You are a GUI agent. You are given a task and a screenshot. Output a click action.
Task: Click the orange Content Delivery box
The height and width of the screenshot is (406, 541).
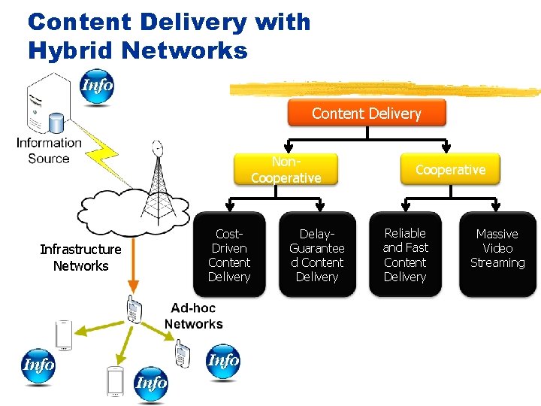[x=367, y=113]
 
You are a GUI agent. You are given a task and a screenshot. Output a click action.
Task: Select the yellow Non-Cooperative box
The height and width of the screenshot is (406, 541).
[x=286, y=169]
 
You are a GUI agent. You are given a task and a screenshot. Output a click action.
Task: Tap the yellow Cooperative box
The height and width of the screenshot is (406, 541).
[x=450, y=169]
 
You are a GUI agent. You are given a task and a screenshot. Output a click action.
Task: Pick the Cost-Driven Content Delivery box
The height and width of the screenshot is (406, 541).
[x=229, y=255]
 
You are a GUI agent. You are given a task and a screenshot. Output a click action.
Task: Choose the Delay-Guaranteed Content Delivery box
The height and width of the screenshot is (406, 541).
[x=317, y=255]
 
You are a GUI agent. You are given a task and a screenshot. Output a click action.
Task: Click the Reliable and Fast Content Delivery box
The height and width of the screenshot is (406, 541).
[x=405, y=255]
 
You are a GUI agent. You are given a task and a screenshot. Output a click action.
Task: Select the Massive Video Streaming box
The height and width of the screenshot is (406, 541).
[x=497, y=255]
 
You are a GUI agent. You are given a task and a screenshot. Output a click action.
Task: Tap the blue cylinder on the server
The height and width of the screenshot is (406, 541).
[x=56, y=123]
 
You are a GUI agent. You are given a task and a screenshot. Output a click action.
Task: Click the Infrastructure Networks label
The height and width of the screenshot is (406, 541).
[x=80, y=258]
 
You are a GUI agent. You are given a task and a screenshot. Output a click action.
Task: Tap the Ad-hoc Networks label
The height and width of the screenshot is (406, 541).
[x=193, y=316]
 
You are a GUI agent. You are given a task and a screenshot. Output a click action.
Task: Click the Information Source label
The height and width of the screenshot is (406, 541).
[x=49, y=150]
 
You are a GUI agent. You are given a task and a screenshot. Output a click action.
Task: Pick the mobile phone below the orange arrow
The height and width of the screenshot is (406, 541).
[x=134, y=309]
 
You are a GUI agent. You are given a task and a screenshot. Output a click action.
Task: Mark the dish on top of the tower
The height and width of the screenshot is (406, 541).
[x=158, y=148]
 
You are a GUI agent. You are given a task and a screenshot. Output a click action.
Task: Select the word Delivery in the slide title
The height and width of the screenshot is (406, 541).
[x=194, y=23]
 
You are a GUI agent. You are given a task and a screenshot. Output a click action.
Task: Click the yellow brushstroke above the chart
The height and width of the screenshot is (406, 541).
[x=385, y=89]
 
